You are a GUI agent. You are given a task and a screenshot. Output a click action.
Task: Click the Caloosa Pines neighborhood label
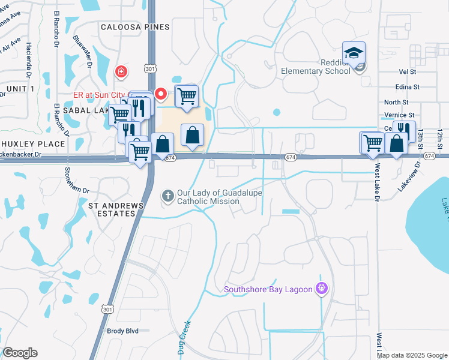pyautogui.click(x=135, y=27)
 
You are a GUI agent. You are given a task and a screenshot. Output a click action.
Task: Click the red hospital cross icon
pyautogui.click(x=122, y=72)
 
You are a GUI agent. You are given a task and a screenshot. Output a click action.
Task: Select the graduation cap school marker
pyautogui.click(x=354, y=53)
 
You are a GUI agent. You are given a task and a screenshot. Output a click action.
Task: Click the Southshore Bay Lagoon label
pyautogui.click(x=268, y=290)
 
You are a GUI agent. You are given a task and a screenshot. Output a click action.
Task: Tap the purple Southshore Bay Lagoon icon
pyautogui.click(x=322, y=289)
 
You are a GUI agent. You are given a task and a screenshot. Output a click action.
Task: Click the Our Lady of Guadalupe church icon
pyautogui.click(x=167, y=196)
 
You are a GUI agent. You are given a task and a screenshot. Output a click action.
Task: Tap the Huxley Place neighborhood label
pyautogui.click(x=32, y=144)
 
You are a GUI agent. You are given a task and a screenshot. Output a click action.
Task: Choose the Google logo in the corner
pyautogui.click(x=20, y=353)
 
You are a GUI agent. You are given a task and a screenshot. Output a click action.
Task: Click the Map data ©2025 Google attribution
pyautogui.click(x=411, y=355)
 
